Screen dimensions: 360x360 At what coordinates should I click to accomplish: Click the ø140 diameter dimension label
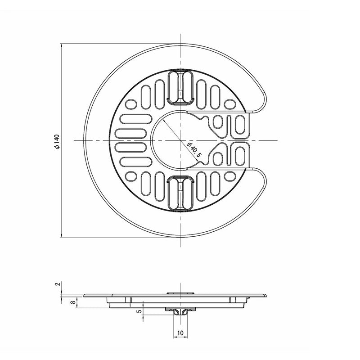tap(57, 142)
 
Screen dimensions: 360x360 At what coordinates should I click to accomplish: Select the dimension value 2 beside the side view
tap(58, 284)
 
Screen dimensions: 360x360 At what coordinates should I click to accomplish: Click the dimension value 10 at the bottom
tap(180, 333)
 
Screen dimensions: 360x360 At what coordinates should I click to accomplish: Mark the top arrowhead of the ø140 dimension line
tap(62, 46)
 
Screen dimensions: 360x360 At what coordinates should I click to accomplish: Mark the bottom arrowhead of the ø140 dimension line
tap(62, 234)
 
